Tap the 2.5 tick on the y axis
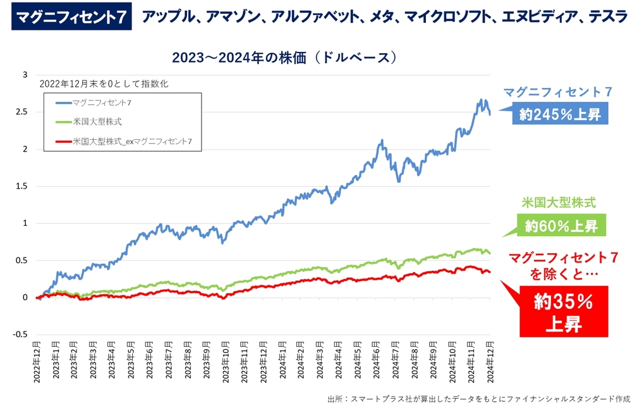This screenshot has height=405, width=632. pos(25,112)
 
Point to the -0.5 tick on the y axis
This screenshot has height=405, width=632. pos(22,335)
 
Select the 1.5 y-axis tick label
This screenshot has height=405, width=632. pos(25,186)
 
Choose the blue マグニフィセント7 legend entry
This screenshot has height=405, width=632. pos(101,101)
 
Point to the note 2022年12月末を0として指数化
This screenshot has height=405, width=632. pos(104,83)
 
